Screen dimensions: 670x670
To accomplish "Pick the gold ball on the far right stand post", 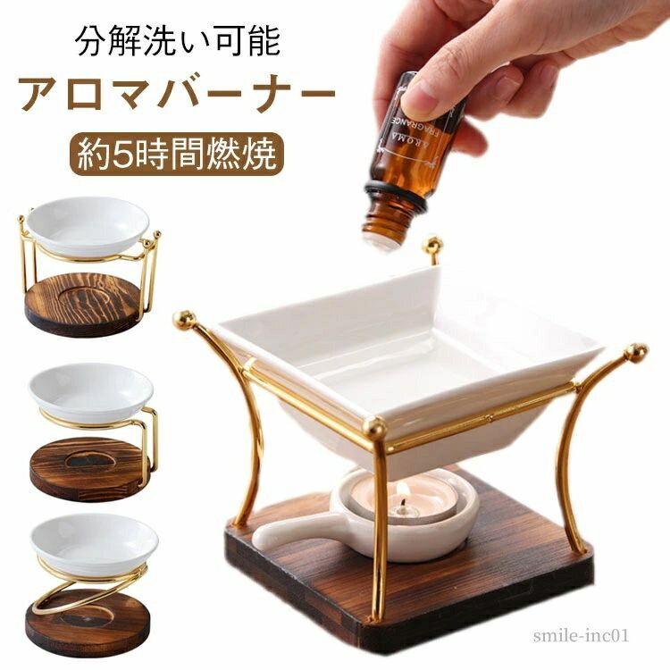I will [x=636, y=350].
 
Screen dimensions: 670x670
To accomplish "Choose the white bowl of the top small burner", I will [x=88, y=224].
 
